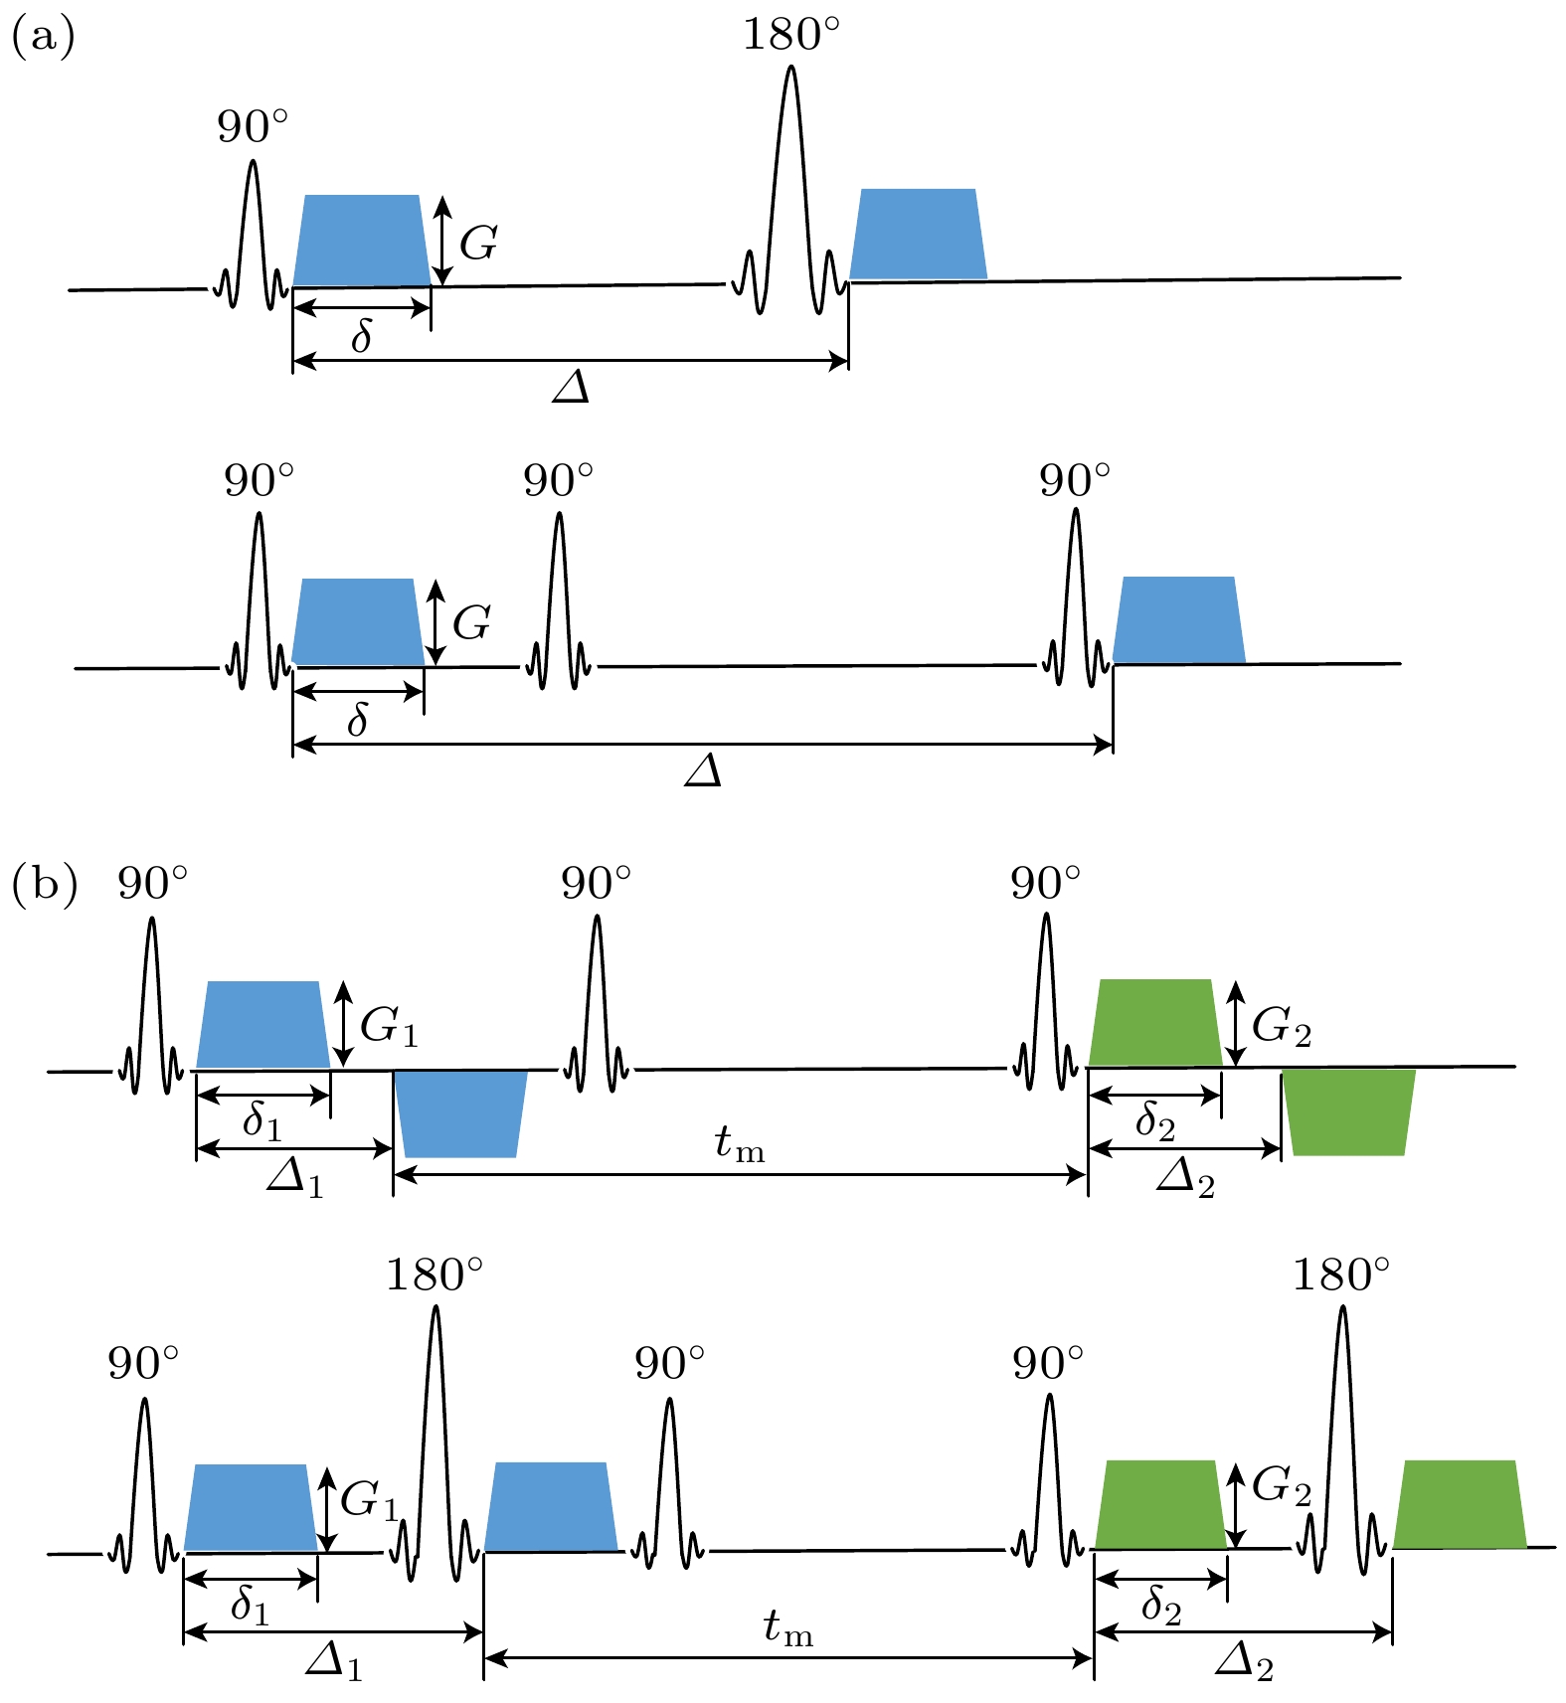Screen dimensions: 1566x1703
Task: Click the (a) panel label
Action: [x=43, y=39]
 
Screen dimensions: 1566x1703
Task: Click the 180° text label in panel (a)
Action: [x=791, y=36]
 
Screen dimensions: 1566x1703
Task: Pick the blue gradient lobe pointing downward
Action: [x=460, y=1113]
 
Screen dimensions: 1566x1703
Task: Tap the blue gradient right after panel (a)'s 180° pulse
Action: [x=919, y=234]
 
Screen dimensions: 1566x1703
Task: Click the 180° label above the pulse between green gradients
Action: [x=1341, y=1275]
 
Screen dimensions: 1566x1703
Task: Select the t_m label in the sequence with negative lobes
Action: [x=740, y=1145]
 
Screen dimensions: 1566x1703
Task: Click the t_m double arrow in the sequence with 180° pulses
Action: [x=788, y=1657]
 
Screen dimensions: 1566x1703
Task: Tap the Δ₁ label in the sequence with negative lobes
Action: [x=295, y=1180]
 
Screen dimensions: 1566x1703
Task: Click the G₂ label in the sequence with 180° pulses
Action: [x=1282, y=1486]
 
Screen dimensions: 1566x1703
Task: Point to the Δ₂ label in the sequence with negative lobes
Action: [x=1186, y=1180]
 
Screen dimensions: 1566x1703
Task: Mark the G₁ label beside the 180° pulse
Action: [x=369, y=1500]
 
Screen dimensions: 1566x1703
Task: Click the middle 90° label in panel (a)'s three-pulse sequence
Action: [x=559, y=481]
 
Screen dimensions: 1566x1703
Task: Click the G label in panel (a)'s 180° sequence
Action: [x=478, y=243]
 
